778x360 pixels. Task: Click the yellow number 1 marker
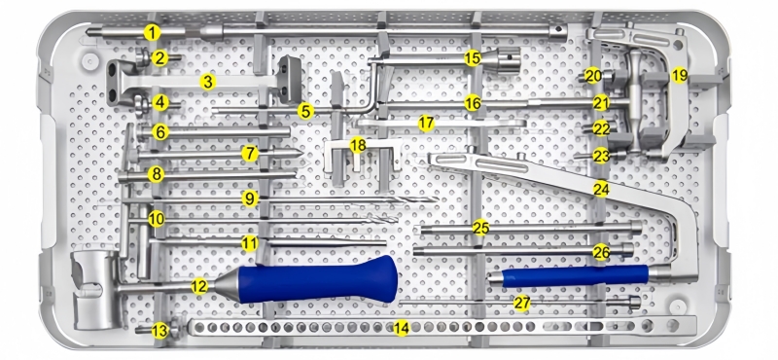point(153,33)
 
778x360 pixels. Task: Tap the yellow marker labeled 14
point(401,328)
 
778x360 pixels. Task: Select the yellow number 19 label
point(679,76)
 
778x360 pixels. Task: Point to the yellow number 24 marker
point(601,189)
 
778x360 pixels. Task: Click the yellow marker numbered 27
point(522,303)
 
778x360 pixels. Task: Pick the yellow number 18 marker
point(358,146)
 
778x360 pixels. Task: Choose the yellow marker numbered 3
point(208,82)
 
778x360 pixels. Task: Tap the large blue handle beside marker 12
point(318,279)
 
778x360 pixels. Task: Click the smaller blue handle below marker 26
point(576,276)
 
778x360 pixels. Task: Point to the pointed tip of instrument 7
point(301,153)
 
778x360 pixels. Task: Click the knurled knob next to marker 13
point(175,329)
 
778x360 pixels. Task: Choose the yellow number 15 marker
point(473,58)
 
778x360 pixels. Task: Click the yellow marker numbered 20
point(592,76)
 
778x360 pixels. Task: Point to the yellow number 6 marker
point(160,132)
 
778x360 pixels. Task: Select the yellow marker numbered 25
point(480,228)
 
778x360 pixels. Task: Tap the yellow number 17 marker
point(426,124)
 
